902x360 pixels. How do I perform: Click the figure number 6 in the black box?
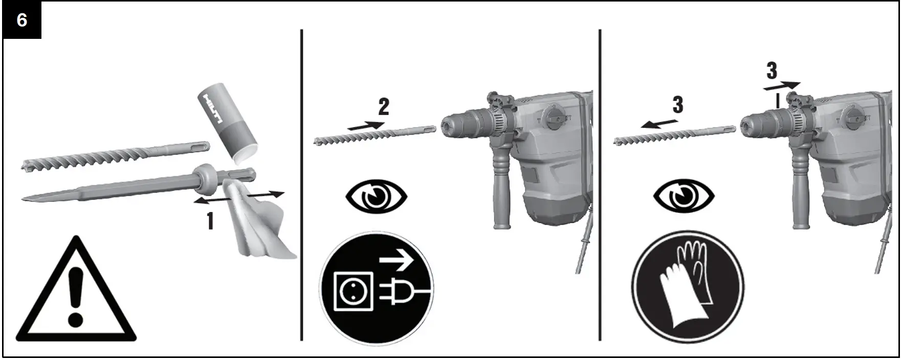click(22, 20)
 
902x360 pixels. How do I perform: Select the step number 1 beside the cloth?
click(210, 221)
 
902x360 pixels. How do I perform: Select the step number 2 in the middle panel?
click(384, 106)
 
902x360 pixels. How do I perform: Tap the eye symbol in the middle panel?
click(377, 197)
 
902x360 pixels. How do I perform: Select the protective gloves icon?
click(687, 286)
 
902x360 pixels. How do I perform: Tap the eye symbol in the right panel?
click(684, 197)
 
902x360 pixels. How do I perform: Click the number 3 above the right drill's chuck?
click(772, 71)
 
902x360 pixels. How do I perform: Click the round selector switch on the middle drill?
click(554, 115)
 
